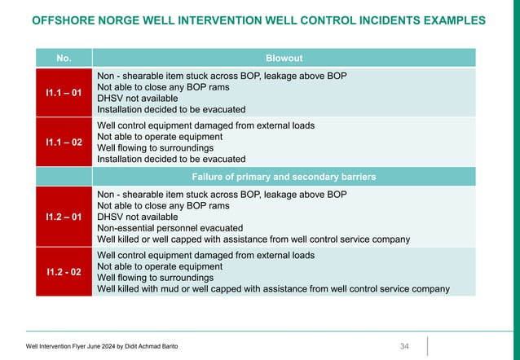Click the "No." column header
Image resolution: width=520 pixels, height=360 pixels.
point(63,58)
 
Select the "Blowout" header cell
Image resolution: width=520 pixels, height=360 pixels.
point(284,58)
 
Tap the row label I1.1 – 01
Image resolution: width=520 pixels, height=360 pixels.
point(63,93)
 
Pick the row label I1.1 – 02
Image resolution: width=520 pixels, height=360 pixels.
point(63,142)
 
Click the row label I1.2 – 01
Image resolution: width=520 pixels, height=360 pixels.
point(63,217)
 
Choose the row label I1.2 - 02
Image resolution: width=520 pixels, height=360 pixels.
point(63,271)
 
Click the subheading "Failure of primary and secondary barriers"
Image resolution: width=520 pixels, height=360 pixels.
point(284,176)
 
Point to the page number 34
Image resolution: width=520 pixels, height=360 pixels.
point(404,347)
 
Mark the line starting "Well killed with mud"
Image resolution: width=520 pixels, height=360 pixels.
point(273,288)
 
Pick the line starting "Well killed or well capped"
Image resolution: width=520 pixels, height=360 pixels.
point(253,239)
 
